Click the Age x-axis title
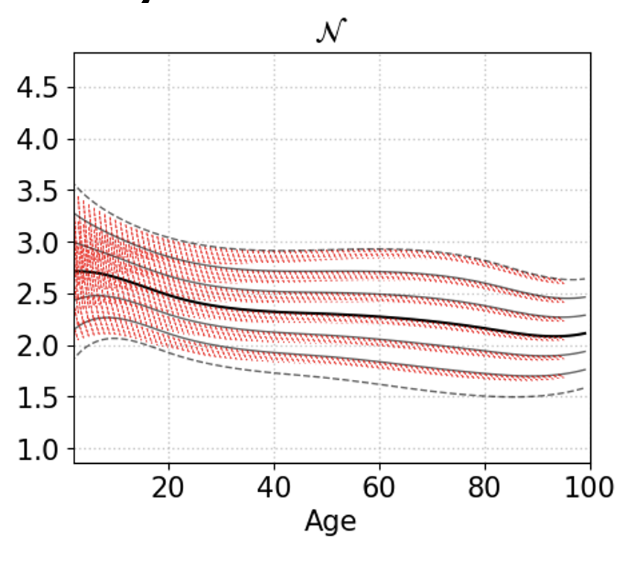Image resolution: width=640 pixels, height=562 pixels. tap(330, 522)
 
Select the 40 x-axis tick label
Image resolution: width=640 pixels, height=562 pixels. tap(275, 488)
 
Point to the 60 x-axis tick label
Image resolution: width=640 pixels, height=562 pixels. tap(380, 488)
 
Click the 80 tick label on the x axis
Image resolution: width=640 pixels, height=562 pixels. tap(485, 488)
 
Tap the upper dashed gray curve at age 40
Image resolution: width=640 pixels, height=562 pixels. tap(275, 250)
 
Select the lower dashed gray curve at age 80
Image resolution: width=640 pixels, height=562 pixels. tap(485, 395)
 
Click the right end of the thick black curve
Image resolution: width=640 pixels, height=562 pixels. tap(585, 334)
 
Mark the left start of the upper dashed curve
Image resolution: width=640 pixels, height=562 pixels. tap(75, 186)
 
